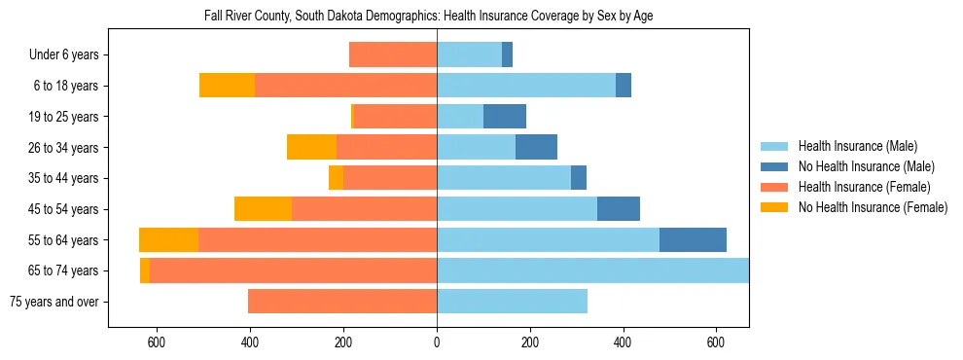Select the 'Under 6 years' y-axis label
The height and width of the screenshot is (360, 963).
click(x=69, y=55)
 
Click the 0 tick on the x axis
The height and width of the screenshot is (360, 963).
click(x=437, y=342)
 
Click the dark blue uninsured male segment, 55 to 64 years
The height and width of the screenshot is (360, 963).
click(x=693, y=239)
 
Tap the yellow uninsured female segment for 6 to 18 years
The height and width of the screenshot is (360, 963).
click(x=227, y=86)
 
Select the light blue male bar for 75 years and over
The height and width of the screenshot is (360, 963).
click(x=512, y=302)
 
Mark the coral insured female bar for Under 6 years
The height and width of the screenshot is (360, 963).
click(x=393, y=55)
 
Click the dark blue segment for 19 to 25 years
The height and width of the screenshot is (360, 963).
click(x=505, y=117)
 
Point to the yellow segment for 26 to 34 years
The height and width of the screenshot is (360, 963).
click(x=311, y=147)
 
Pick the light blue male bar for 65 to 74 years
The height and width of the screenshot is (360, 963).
click(x=592, y=270)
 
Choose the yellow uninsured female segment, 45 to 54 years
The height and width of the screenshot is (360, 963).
click(x=263, y=209)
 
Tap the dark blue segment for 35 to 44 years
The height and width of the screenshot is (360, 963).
click(x=579, y=178)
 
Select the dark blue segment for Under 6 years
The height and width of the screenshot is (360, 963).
click(x=507, y=55)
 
